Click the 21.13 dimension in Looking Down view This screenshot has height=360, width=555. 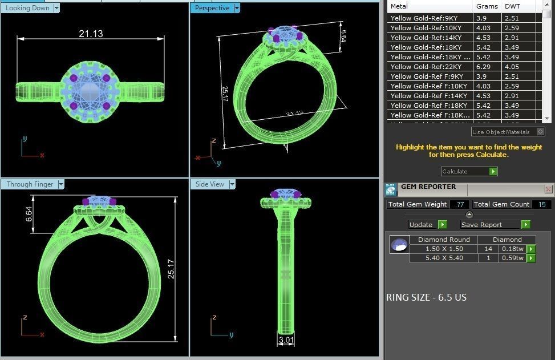pos(91,34)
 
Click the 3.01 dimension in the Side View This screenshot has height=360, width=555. pos(286,341)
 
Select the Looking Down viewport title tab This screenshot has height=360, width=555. pos(27,8)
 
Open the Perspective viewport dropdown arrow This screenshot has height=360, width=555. pos(237,8)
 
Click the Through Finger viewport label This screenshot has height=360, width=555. pos(30,184)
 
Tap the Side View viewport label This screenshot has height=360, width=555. pos(210,184)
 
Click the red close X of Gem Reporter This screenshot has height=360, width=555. pos(548,189)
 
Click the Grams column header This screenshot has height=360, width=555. pos(487,7)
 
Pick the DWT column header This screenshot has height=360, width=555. pos(512,7)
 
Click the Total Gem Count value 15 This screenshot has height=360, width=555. pos(541,204)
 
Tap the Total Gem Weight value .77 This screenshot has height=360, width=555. pos(460,204)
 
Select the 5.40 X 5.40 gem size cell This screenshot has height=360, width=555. pos(444,258)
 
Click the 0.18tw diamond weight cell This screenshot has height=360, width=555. pos(512,249)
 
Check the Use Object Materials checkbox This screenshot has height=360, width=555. pos(541,132)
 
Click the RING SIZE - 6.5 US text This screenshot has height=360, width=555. pos(426,297)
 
